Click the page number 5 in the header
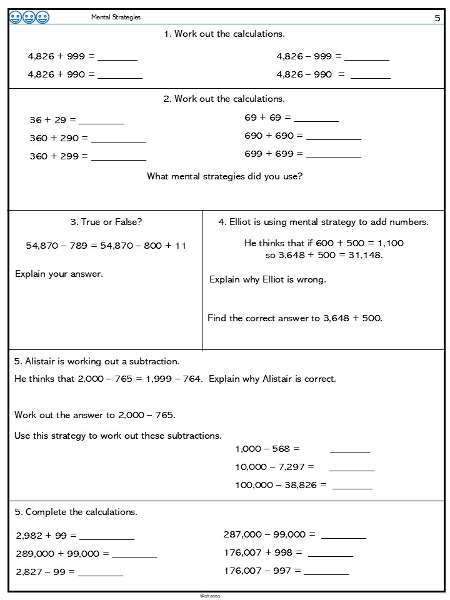coord(437,18)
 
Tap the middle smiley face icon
coord(29,17)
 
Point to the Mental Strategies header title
coord(116,17)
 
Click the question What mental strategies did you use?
coord(224,176)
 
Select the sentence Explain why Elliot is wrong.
coord(267,279)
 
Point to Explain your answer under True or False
coord(59,274)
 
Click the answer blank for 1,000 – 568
coord(349,451)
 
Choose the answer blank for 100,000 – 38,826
coord(352,487)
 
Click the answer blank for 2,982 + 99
coord(106,538)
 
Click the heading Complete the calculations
coord(76,512)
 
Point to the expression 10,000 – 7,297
coord(274,467)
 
